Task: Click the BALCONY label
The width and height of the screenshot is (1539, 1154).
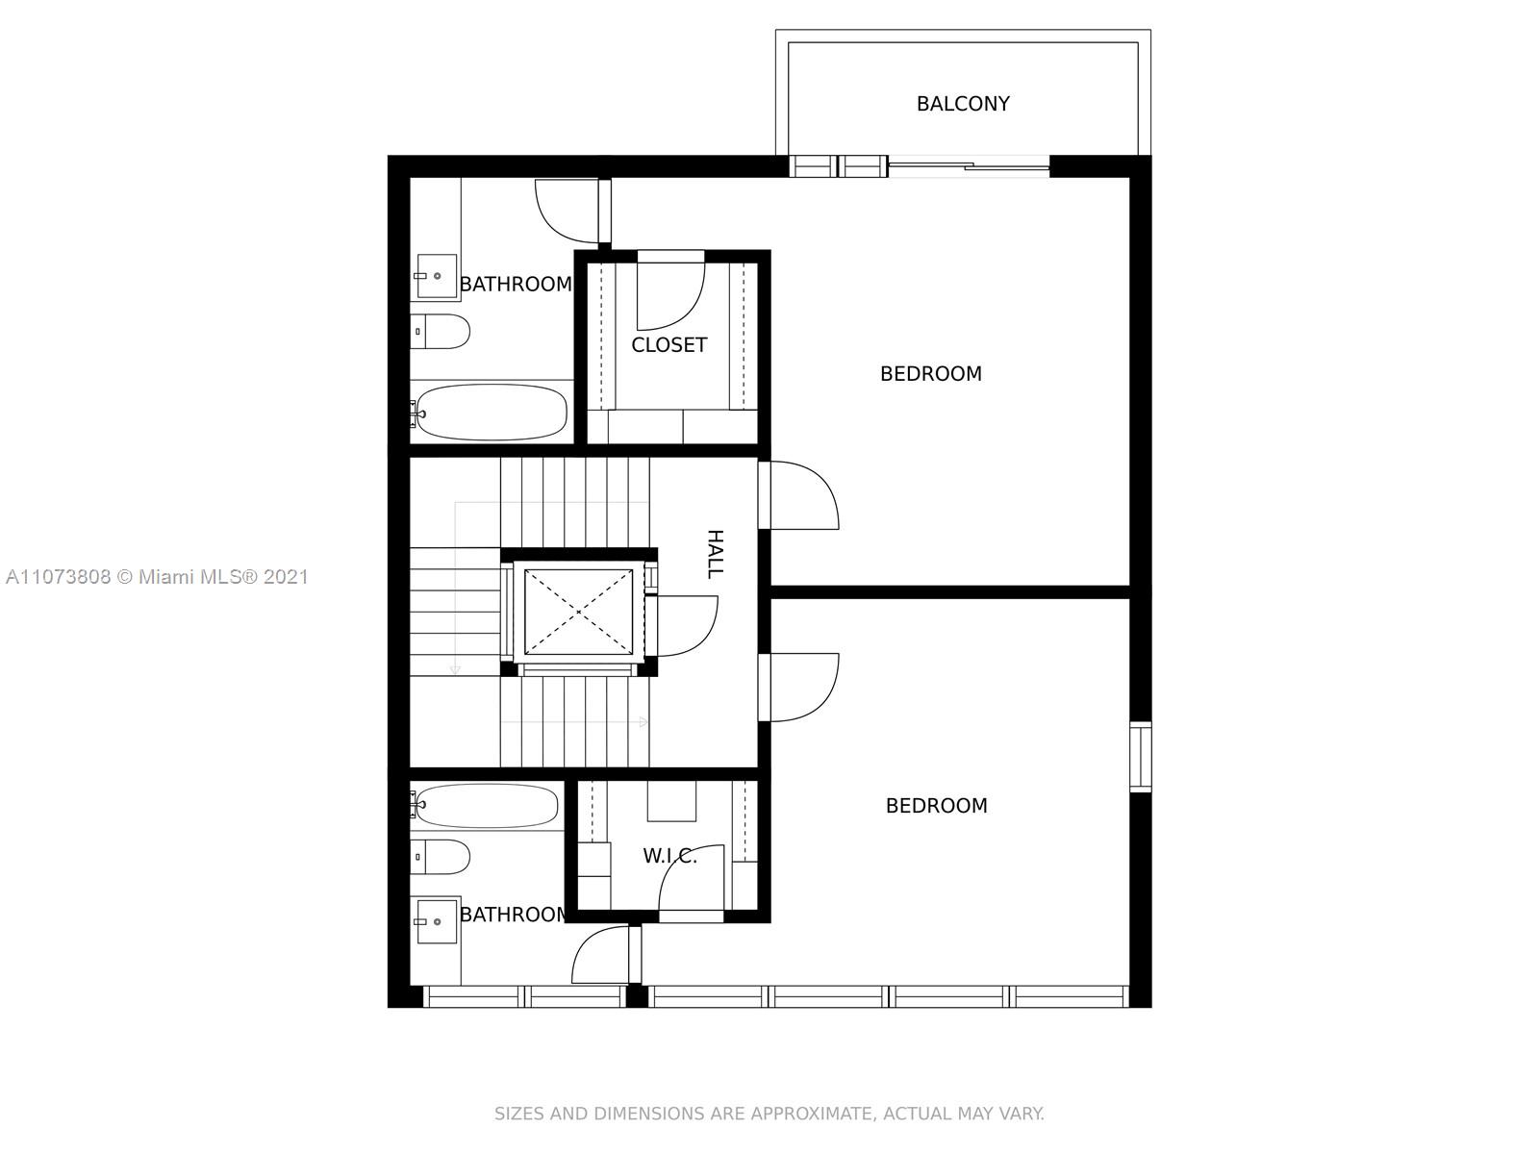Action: [x=963, y=104]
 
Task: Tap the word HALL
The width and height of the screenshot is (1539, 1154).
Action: [x=715, y=554]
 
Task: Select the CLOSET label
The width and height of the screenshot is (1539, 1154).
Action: [x=669, y=344]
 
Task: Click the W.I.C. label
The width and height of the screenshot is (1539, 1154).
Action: [x=669, y=856]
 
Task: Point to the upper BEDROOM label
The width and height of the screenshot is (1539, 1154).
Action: [x=930, y=373]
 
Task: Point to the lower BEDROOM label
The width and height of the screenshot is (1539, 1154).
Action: [x=936, y=805]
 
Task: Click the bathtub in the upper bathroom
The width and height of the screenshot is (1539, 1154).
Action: [x=490, y=412]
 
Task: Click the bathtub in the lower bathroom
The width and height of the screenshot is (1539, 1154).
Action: [x=485, y=805]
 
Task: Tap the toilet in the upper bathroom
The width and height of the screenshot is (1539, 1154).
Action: [x=440, y=332]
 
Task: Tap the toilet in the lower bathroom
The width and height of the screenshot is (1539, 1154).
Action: [x=440, y=857]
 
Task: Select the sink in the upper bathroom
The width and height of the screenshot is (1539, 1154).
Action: [x=436, y=276]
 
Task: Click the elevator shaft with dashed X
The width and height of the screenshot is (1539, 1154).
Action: [x=578, y=613]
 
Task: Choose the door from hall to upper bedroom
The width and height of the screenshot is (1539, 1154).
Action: [x=798, y=494]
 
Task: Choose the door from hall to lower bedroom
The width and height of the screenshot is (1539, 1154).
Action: [x=798, y=688]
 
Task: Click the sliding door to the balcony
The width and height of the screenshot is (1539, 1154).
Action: [x=969, y=166]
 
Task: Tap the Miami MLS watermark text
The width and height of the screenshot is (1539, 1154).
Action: [x=157, y=577]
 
